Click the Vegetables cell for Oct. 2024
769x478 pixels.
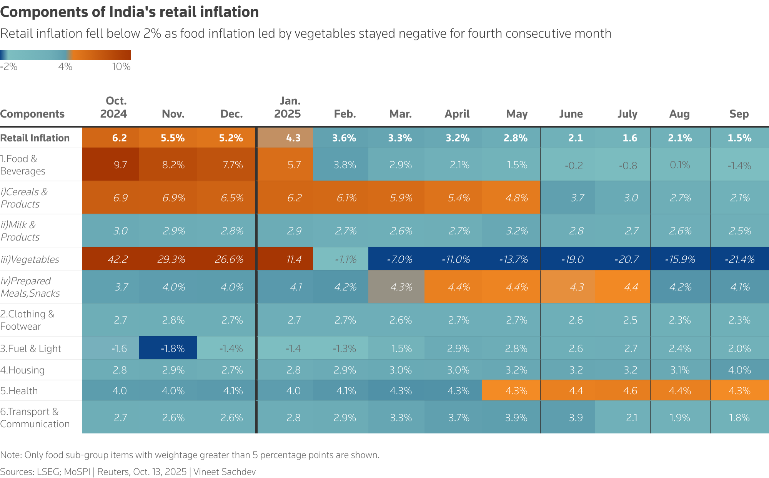(x=118, y=259)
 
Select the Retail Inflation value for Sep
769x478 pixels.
(x=739, y=138)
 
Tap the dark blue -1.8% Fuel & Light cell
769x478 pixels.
(x=172, y=349)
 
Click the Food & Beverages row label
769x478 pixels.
(x=23, y=165)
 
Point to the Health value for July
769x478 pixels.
(x=630, y=391)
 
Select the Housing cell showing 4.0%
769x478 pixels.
(x=739, y=370)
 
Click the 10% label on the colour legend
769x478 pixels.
(x=121, y=67)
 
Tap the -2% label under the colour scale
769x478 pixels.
(x=8, y=67)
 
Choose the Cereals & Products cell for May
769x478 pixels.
(x=516, y=198)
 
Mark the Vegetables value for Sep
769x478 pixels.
(x=739, y=259)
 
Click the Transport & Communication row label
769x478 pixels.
(x=35, y=418)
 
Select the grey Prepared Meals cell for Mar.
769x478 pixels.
(x=401, y=287)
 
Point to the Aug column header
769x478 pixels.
(x=679, y=114)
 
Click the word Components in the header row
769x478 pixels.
(x=32, y=114)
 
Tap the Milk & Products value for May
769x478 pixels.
(x=516, y=231)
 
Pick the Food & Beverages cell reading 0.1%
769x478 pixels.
(x=679, y=165)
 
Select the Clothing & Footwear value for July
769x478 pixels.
(x=630, y=320)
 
